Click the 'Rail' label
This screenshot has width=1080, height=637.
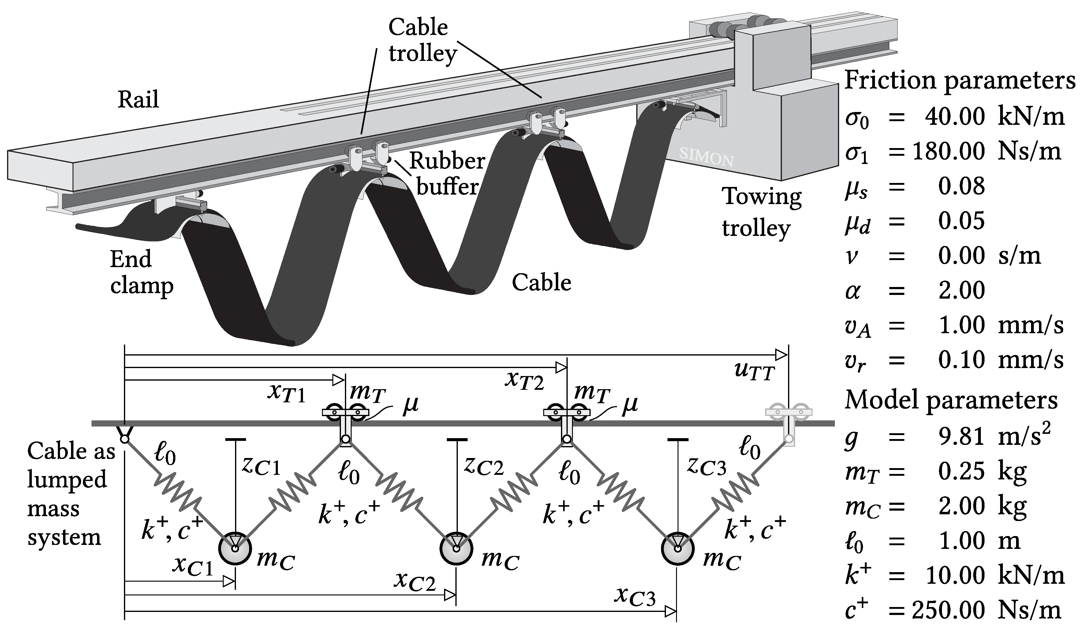point(138,99)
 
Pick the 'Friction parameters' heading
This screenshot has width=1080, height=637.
point(960,80)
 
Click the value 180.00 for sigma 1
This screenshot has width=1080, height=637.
point(949,151)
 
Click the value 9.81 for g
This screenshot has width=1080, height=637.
point(962,436)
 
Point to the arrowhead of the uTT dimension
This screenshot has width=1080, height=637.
point(782,355)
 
